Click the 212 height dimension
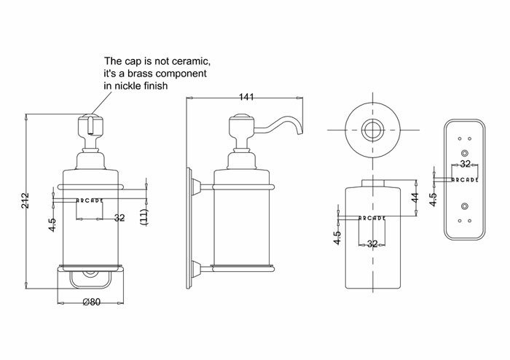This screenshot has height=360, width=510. [x=25, y=200]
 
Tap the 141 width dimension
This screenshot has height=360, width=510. [x=246, y=97]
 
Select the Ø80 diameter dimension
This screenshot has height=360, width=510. [x=91, y=302]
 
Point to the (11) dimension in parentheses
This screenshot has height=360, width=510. [x=144, y=217]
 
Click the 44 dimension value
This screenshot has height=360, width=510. [x=415, y=197]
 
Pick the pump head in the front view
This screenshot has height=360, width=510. [x=90, y=125]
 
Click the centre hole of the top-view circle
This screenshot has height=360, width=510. [x=372, y=130]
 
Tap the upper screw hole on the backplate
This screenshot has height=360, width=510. [x=465, y=152]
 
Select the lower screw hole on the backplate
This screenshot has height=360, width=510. [x=465, y=206]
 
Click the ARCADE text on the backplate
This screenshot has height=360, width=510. [x=465, y=179]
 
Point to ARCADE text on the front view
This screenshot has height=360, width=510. [x=90, y=200]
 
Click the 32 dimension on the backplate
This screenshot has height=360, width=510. [x=466, y=164]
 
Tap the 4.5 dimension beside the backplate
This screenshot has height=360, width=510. [x=433, y=200]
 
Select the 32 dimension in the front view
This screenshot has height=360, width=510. [x=119, y=218]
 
